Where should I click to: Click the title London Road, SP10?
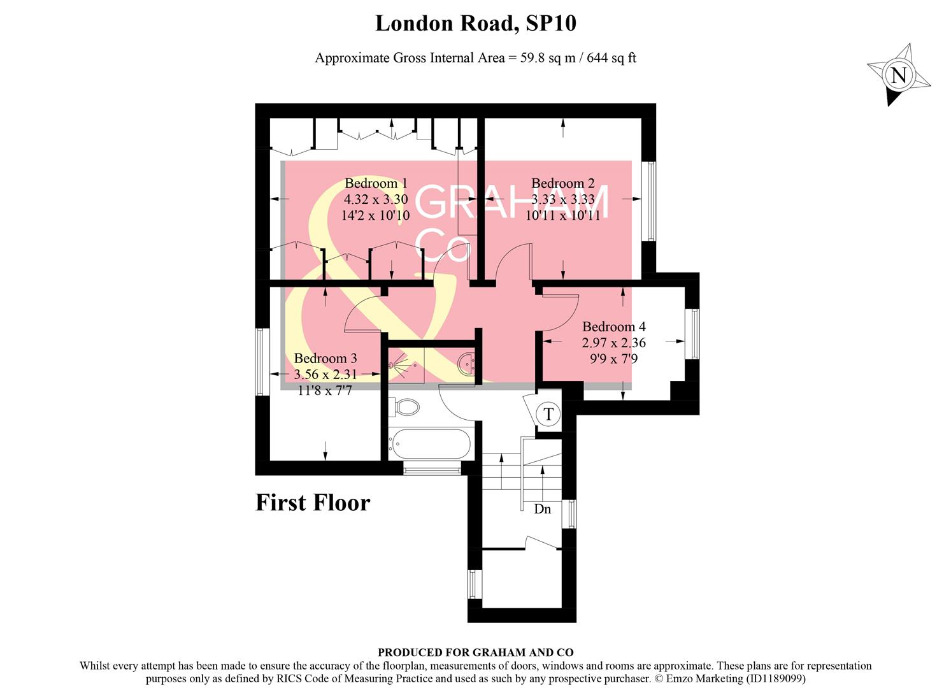pos(475,24)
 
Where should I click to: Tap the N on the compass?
pos(898,76)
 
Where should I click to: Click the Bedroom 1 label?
pos(375,183)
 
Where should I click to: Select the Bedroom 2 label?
pos(562,183)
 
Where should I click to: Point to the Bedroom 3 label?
pos(325,358)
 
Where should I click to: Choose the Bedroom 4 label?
pos(613,327)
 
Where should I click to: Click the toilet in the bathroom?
pos(405,406)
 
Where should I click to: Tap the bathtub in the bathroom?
pos(431,443)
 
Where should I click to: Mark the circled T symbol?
pos(548,414)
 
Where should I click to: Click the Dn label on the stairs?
pos(542,509)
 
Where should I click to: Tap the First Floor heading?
pos(313,503)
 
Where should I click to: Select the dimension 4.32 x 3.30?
pos(375,199)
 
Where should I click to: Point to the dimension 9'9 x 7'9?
pos(613,359)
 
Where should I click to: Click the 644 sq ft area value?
pos(611,58)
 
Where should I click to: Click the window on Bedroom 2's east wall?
pos(650,201)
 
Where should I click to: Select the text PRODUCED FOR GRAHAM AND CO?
pos(475,652)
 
